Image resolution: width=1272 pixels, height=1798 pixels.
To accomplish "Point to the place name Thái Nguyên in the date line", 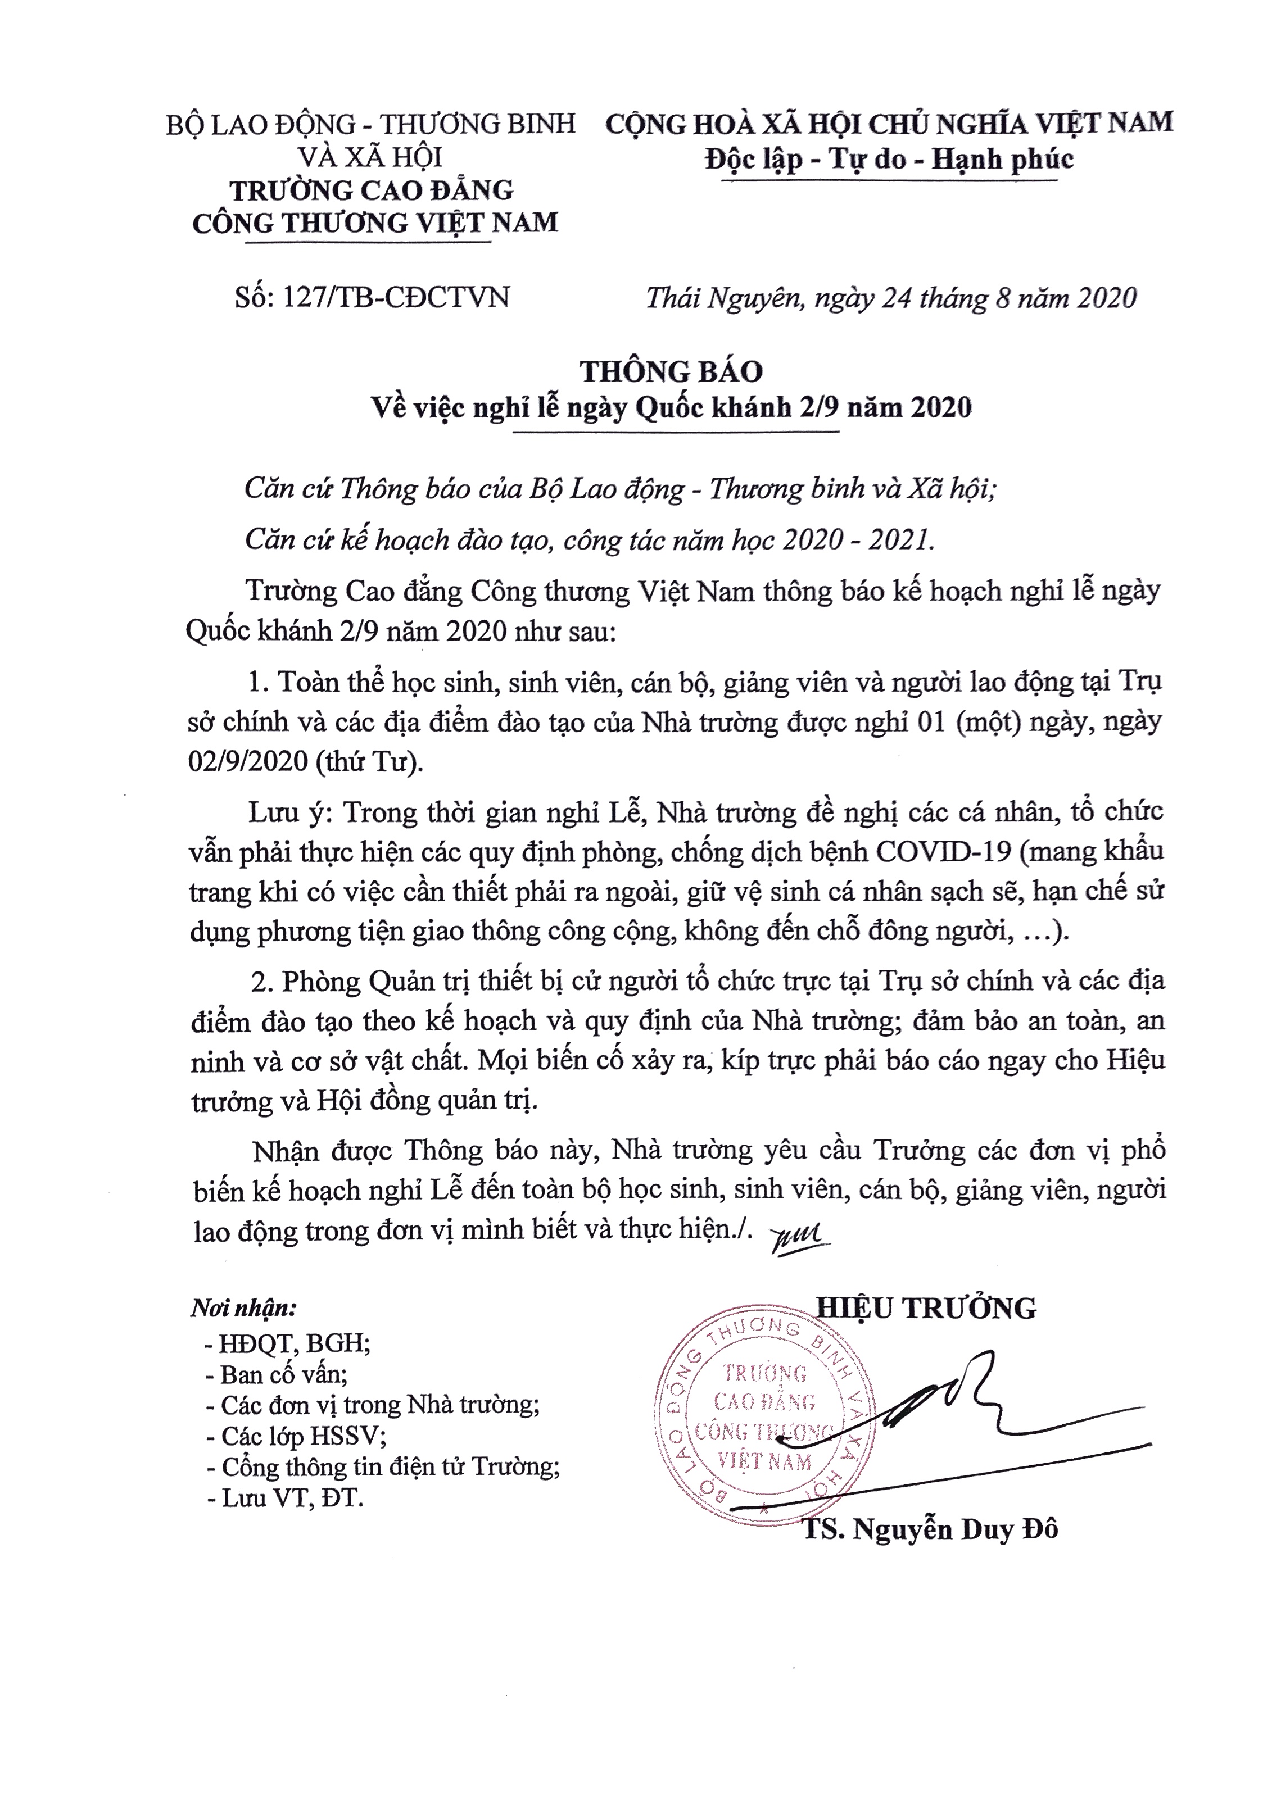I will (725, 298).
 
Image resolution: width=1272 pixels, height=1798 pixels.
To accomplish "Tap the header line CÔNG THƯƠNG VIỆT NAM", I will (375, 223).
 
